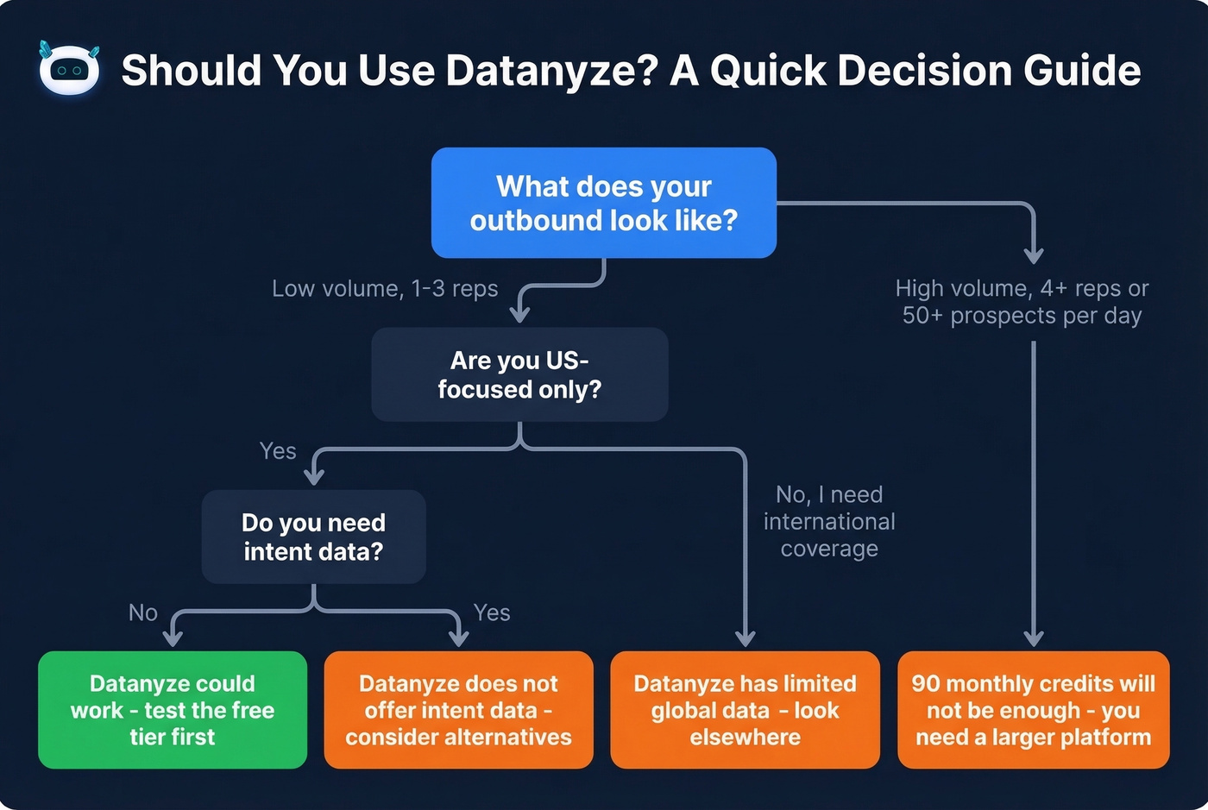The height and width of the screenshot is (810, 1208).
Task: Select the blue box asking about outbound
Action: click(603, 203)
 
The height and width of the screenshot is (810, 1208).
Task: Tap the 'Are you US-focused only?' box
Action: click(519, 374)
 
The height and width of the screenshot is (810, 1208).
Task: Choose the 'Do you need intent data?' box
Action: click(313, 537)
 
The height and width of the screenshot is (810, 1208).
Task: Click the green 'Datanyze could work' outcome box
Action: click(173, 709)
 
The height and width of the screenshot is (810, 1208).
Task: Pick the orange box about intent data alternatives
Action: click(458, 709)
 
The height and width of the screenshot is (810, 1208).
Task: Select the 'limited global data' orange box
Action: click(745, 709)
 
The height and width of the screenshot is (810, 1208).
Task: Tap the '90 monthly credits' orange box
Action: click(1033, 709)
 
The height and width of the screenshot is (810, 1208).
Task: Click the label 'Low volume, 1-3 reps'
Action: click(385, 288)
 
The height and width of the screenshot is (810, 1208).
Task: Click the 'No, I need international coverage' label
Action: click(829, 521)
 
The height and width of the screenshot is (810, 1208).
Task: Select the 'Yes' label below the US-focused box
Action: click(278, 450)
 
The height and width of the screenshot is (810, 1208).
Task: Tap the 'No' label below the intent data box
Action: click(143, 612)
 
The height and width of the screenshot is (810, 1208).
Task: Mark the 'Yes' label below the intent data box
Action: click(492, 612)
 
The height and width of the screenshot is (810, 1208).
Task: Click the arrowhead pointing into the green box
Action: click(173, 638)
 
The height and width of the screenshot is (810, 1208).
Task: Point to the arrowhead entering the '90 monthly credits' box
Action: click(1034, 638)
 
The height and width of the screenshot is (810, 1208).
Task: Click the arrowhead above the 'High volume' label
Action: click(1034, 255)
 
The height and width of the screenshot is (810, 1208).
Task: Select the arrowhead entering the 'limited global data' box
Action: click(746, 638)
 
